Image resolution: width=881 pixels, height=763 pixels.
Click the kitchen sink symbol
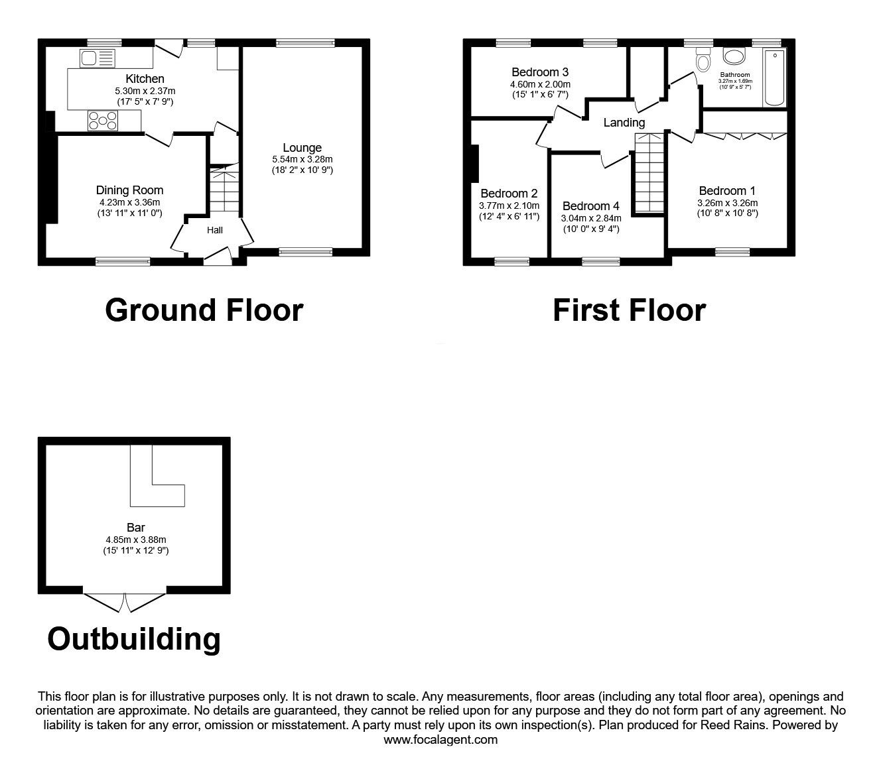click(98, 58)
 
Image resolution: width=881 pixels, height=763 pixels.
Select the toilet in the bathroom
click(703, 62)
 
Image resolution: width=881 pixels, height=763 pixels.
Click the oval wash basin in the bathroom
click(734, 58)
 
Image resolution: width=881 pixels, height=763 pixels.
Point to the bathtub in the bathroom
click(774, 78)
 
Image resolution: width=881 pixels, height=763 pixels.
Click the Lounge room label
click(302, 148)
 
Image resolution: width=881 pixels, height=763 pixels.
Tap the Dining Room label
click(129, 190)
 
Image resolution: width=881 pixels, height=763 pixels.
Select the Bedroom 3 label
click(540, 72)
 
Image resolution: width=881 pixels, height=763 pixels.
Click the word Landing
click(624, 123)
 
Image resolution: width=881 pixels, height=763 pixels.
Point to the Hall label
click(215, 231)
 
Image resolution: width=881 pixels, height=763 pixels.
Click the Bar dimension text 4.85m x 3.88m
click(136, 540)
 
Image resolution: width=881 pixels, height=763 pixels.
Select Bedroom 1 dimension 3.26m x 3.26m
click(727, 204)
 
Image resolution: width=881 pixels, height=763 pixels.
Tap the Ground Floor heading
click(204, 310)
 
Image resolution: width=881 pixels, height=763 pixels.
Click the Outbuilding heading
click(134, 639)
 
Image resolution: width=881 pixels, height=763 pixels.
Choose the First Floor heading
click(628, 310)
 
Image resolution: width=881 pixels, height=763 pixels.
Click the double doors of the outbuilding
click(125, 601)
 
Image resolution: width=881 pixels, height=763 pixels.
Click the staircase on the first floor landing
click(648, 174)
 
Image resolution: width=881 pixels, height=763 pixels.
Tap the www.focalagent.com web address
click(440, 740)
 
